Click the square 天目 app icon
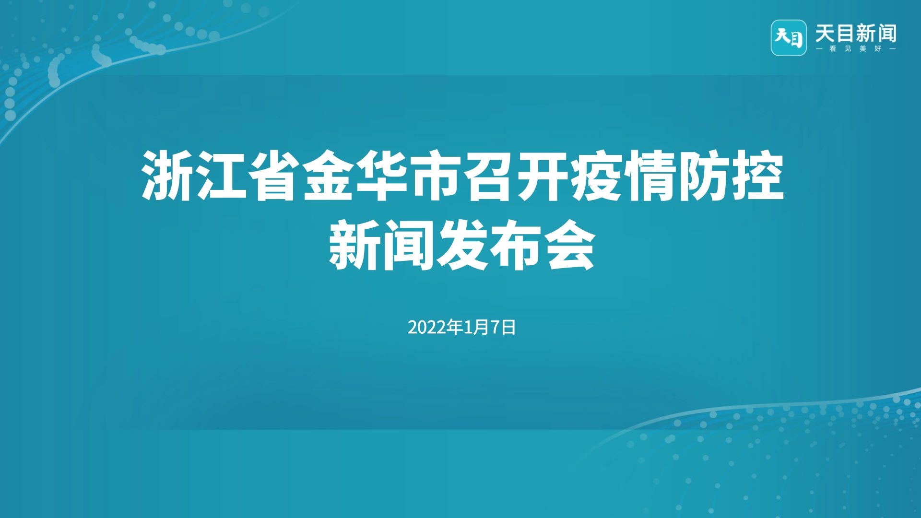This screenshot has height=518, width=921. (789, 38)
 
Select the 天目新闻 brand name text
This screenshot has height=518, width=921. (856, 34)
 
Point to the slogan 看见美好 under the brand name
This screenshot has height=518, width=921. (856, 49)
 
